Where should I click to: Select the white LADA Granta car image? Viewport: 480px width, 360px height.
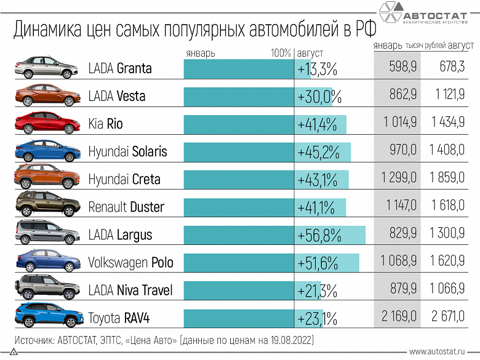click(x=47, y=68)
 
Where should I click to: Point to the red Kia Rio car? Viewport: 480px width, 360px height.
click(x=47, y=124)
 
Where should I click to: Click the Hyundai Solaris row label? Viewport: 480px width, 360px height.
click(x=127, y=151)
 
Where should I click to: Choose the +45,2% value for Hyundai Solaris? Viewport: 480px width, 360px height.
click(x=318, y=152)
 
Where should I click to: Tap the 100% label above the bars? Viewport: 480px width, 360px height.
click(x=281, y=53)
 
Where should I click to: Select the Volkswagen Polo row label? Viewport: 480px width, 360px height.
click(x=130, y=263)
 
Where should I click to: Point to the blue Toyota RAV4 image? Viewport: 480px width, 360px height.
click(x=47, y=317)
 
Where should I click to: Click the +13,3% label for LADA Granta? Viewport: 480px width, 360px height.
click(x=318, y=69)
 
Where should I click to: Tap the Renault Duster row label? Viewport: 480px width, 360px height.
click(x=126, y=207)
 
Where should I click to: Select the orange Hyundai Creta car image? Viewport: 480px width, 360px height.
click(x=47, y=178)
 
